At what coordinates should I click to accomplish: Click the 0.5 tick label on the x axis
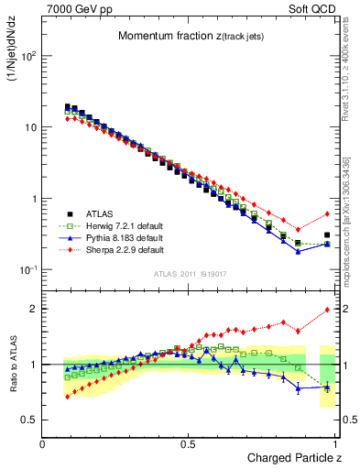[x=189, y=444]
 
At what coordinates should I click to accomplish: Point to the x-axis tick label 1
[x=335, y=444]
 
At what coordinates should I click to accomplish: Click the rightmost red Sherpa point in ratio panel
[x=328, y=310]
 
